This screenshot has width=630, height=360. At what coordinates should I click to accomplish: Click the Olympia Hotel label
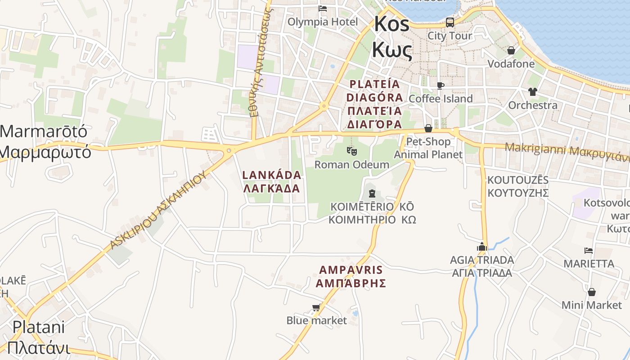(x=323, y=22)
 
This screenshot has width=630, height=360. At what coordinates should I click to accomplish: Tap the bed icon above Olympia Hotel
(x=323, y=8)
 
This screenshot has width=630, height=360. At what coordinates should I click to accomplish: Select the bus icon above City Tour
(x=450, y=22)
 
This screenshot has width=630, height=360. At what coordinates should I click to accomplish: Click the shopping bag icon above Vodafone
(x=511, y=50)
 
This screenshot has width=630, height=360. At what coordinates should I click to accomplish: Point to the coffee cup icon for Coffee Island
(x=441, y=85)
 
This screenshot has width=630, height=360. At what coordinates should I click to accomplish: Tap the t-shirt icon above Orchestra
(x=533, y=92)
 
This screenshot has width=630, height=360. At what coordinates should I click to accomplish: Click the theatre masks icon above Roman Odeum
(x=352, y=151)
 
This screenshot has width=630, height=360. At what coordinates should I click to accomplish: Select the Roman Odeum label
(x=351, y=164)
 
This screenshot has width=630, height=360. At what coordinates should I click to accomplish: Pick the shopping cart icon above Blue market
(x=316, y=307)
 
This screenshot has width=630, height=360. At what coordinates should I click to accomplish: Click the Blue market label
(x=316, y=320)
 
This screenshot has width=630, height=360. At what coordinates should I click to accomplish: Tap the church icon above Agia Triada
(x=482, y=247)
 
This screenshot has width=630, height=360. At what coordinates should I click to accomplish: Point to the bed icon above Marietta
(x=589, y=251)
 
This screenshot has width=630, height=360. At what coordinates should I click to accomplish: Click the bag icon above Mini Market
(x=592, y=292)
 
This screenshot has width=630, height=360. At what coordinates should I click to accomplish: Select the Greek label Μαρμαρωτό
(x=45, y=152)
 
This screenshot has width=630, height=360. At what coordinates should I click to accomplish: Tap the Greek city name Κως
(x=391, y=51)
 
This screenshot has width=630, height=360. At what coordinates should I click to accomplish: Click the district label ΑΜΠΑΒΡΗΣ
(x=351, y=283)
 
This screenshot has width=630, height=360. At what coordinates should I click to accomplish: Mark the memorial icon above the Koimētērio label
(x=372, y=193)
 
